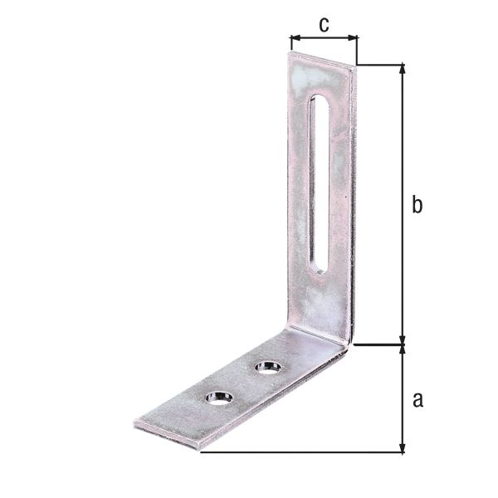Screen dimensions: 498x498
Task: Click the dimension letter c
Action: tap(324, 24)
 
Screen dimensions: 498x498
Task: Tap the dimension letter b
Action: tap(417, 205)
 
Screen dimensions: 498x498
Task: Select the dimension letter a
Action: tap(417, 400)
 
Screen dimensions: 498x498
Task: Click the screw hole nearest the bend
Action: tap(267, 365)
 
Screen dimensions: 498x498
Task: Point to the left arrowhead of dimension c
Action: tap(293, 38)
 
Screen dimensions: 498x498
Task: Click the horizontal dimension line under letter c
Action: tap(324, 38)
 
